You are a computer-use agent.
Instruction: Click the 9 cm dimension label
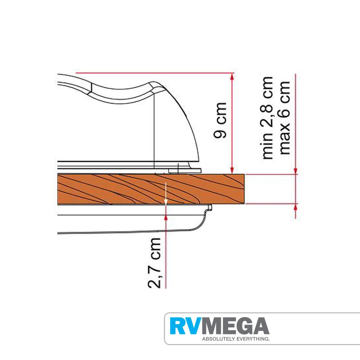point(220,120)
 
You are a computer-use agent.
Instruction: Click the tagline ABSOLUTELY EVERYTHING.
point(236,339)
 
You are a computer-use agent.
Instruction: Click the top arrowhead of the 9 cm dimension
point(232,77)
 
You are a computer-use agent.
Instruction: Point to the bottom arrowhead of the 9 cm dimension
point(232,171)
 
